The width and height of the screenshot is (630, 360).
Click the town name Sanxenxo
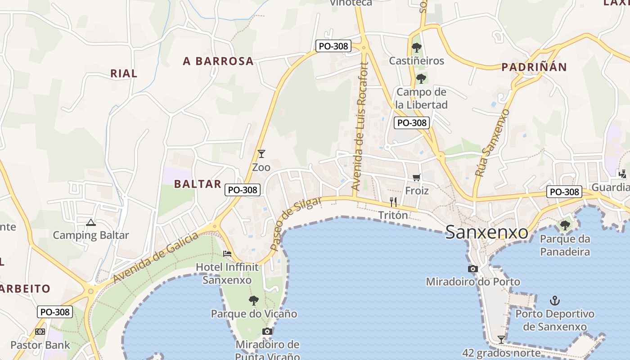486,233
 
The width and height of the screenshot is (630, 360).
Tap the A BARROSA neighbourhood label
218,62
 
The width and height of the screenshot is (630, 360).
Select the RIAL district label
124,73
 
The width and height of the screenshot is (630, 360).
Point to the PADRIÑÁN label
534,67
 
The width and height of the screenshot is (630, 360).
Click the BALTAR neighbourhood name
198,184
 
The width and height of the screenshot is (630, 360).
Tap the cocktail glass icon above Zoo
261,153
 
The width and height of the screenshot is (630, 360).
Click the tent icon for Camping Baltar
91,222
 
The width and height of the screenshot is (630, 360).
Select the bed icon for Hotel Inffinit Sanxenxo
227,254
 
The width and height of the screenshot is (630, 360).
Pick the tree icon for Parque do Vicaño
254,300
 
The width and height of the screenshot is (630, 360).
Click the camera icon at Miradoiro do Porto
472,269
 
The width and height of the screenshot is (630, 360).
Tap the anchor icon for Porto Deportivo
555,300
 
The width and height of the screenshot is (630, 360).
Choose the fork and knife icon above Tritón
393,202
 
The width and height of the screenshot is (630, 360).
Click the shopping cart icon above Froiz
416,177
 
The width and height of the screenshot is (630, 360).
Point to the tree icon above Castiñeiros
416,47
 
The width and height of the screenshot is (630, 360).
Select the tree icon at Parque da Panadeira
565,225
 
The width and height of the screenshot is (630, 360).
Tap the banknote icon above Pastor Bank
40,332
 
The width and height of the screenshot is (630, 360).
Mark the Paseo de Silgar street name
296,224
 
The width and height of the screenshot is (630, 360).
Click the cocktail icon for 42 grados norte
501,339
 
